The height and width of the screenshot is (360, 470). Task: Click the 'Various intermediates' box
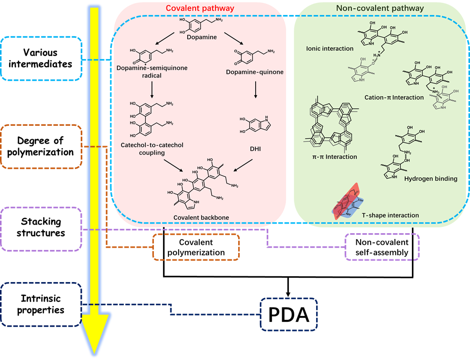click(x=41, y=59)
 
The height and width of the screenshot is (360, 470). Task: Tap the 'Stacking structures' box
click(x=41, y=227)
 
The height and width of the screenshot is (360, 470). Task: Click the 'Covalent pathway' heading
click(x=200, y=8)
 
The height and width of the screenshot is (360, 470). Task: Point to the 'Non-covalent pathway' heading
click(x=380, y=8)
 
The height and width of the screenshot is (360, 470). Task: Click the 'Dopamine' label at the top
click(x=202, y=37)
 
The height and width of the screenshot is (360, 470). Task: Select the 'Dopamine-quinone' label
click(x=255, y=73)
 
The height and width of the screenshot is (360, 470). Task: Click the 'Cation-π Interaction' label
click(x=394, y=97)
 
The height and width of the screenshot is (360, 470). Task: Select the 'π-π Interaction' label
click(x=334, y=157)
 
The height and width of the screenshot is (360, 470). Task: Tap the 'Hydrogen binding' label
click(x=430, y=179)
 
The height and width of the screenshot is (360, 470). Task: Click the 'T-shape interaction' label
click(x=390, y=215)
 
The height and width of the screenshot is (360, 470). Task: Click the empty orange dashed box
click(x=196, y=247)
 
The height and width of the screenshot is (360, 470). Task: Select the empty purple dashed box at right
click(x=382, y=246)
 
